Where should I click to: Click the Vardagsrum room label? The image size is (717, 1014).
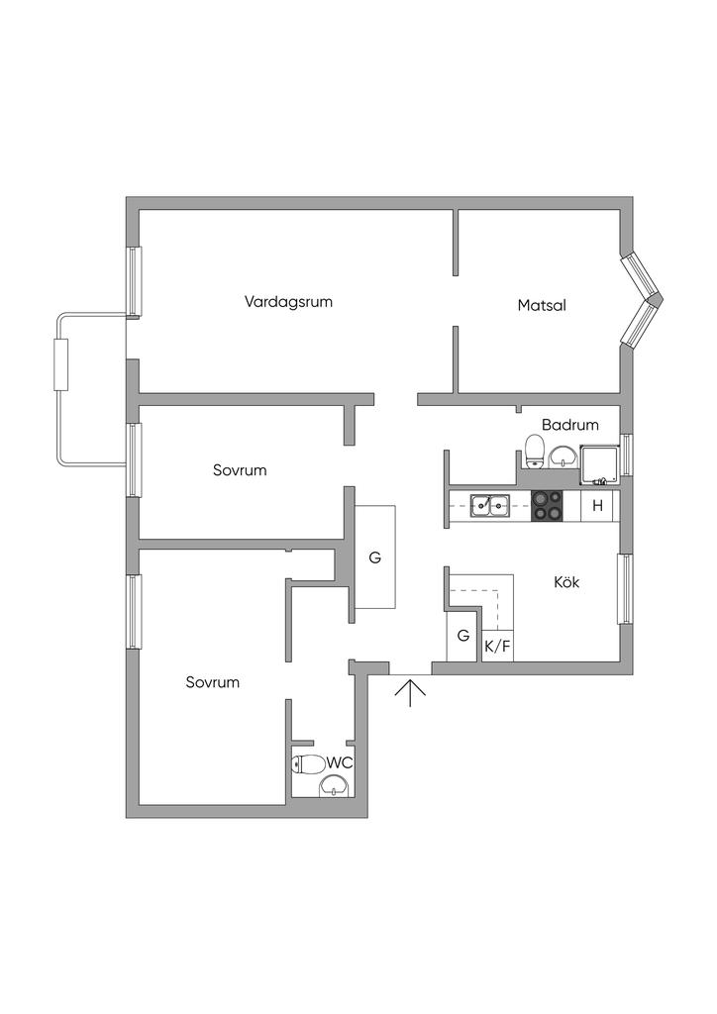click(288, 302)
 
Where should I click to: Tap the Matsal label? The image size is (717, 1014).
click(542, 305)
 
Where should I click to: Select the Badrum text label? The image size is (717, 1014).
click(570, 425)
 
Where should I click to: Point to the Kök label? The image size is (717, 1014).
click(566, 582)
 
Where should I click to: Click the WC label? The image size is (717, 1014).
click(340, 763)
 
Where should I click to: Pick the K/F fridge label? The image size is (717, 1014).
click(497, 646)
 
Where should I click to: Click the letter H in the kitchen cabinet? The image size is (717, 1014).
click(597, 506)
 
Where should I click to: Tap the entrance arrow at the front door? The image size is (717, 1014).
click(411, 692)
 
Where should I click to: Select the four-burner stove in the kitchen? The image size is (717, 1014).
click(547, 506)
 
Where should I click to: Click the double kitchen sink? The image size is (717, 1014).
click(490, 506)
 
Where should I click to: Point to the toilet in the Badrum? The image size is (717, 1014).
click(534, 451)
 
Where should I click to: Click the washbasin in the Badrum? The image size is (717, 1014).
click(563, 456)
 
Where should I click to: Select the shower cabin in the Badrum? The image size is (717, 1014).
click(600, 464)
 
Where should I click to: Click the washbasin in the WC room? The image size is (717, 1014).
click(335, 785)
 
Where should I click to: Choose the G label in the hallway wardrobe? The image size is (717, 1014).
click(375, 558)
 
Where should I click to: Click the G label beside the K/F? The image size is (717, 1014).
click(462, 636)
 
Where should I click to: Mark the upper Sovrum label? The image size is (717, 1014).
click(240, 470)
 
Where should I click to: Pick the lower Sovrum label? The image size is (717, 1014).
click(213, 682)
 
